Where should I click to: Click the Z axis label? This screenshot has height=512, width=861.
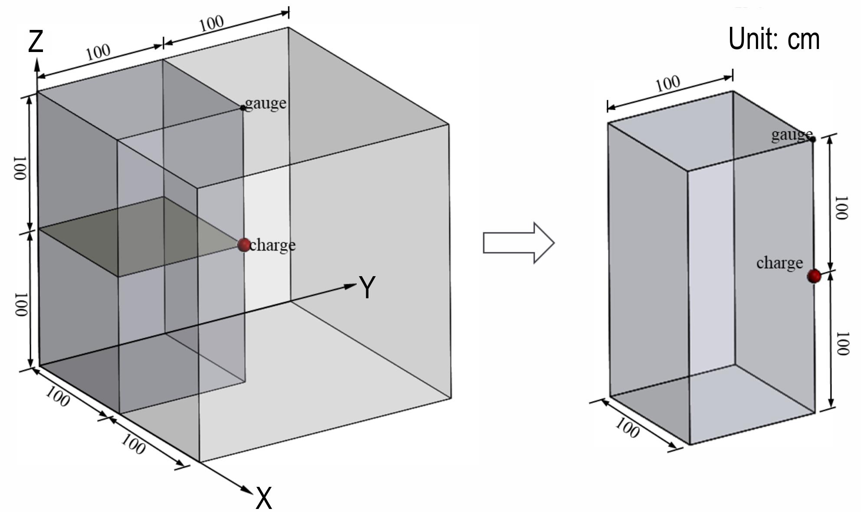click(x=36, y=42)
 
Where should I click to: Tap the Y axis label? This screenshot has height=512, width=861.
click(x=367, y=287)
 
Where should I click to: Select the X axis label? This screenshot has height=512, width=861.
click(x=264, y=498)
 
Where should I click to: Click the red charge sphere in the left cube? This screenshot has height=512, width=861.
click(x=244, y=245)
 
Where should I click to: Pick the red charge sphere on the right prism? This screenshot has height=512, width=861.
click(x=814, y=276)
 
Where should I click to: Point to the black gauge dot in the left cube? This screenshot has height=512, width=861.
click(x=243, y=108)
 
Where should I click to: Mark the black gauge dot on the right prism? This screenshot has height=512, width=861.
click(x=813, y=139)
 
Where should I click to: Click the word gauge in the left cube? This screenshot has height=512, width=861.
click(x=266, y=103)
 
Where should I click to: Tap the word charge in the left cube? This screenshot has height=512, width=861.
click(x=273, y=245)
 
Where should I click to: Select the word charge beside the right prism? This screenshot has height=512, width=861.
click(x=779, y=263)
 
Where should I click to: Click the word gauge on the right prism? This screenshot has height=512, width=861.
click(x=791, y=135)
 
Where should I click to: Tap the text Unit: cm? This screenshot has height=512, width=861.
click(x=774, y=39)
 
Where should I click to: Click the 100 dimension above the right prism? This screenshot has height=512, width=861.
click(x=667, y=83)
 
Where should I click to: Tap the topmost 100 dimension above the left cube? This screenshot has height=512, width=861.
click(x=212, y=23)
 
